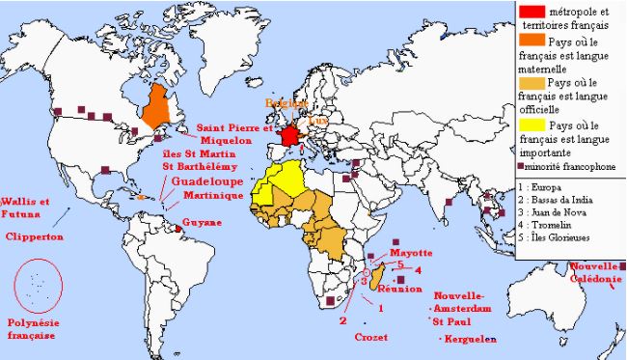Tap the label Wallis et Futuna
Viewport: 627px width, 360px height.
click(26, 208)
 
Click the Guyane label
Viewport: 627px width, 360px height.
click(202, 223)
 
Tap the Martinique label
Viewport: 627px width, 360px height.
click(206, 196)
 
